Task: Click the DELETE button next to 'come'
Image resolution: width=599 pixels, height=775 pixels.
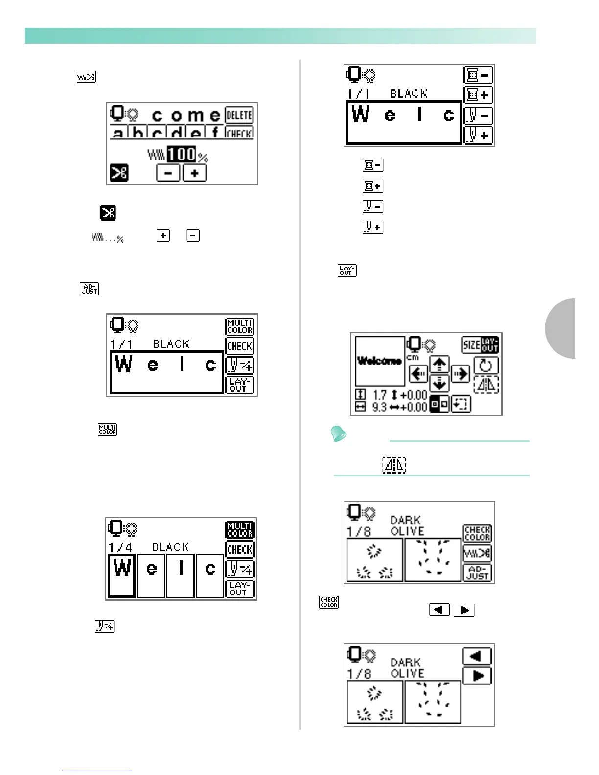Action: pyautogui.click(x=239, y=115)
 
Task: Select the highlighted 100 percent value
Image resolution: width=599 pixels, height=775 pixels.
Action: pyautogui.click(x=182, y=155)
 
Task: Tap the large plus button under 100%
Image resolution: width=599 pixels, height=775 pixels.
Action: pyautogui.click(x=194, y=173)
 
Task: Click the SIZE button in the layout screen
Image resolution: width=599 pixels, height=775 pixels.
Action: pyautogui.click(x=471, y=345)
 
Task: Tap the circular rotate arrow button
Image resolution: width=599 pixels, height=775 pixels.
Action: pyautogui.click(x=486, y=365)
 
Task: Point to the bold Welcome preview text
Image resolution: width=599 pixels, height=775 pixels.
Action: pyautogui.click(x=380, y=361)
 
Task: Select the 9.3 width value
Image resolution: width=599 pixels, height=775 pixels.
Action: pyautogui.click(x=379, y=407)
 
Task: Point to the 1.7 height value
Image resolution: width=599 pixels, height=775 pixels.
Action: pyautogui.click(x=379, y=395)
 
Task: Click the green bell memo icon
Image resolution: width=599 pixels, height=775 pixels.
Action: pyautogui.click(x=339, y=433)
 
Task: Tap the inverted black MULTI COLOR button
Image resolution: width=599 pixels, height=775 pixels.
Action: pyautogui.click(x=240, y=530)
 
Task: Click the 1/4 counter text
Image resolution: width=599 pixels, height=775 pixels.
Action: pyautogui.click(x=120, y=547)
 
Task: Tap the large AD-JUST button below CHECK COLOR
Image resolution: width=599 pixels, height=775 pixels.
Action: pyautogui.click(x=477, y=572)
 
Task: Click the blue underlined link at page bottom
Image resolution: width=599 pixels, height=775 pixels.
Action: pyautogui.click(x=97, y=771)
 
